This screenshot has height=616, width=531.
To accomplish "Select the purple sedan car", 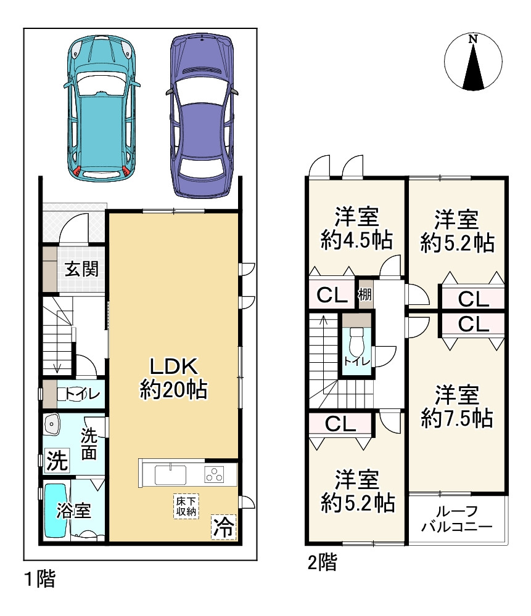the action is (x=202, y=115).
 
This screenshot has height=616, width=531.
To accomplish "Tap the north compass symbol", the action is (x=473, y=62).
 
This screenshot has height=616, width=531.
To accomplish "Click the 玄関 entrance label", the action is (x=81, y=269).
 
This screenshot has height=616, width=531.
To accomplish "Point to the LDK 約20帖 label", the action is (x=173, y=378).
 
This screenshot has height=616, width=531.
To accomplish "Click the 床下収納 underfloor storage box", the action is (x=186, y=506).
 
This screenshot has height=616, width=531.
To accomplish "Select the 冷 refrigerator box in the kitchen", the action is (x=223, y=527).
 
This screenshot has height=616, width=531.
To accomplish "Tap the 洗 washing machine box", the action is (x=57, y=460).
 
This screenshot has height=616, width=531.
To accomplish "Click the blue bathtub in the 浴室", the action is (x=56, y=510).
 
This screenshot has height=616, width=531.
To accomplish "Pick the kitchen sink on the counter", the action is (x=170, y=475).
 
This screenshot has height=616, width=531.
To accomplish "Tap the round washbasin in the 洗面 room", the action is (x=52, y=424).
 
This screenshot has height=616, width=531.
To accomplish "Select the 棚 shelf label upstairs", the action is (x=365, y=294).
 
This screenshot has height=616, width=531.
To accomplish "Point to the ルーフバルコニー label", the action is (x=456, y=519).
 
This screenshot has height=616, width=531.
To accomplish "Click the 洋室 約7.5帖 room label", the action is (x=456, y=406).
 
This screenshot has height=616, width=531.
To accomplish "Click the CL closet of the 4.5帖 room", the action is (x=332, y=294).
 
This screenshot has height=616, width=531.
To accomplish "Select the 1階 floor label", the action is (x=40, y=578).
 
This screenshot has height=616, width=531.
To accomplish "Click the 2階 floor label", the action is (x=322, y=562).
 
